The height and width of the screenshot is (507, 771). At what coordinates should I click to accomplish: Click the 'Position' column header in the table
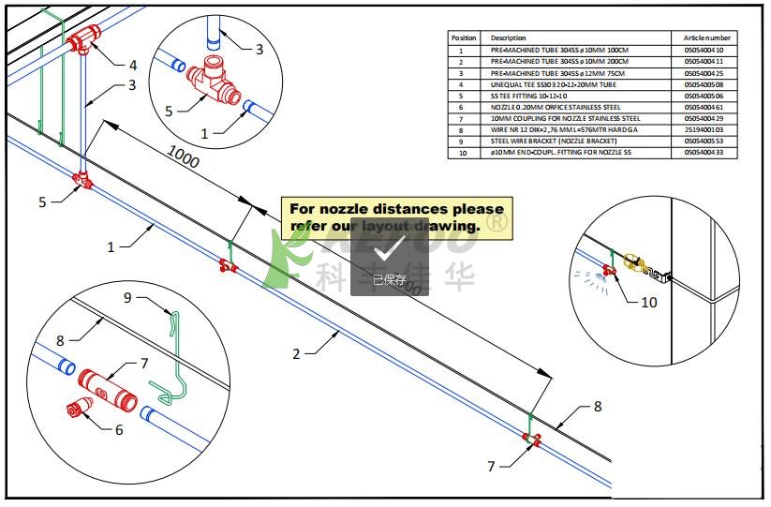[x=465, y=37]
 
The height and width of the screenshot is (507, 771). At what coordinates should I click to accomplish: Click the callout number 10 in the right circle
[x=648, y=302]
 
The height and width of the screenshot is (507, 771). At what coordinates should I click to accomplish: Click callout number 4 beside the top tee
[x=132, y=66]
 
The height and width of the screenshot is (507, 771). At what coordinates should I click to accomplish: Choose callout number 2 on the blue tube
[x=296, y=354]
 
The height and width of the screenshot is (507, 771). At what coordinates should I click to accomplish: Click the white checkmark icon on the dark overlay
[x=390, y=249]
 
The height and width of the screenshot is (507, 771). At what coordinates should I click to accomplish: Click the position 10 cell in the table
[x=461, y=152]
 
